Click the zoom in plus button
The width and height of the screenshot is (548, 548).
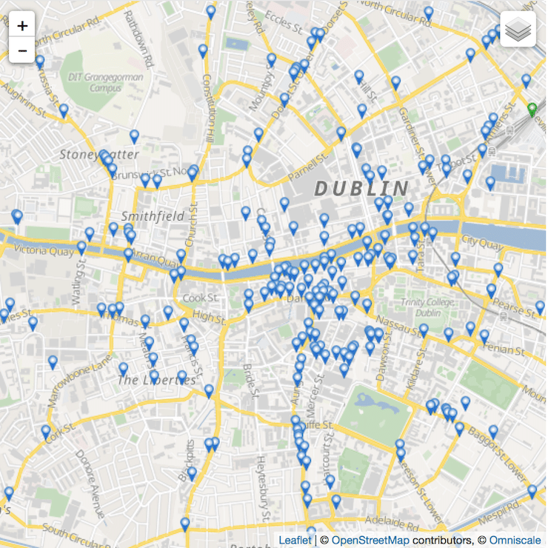coord(22,26)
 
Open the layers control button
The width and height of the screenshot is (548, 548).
coord(518,30)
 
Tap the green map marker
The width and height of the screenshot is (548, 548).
coord(532,111)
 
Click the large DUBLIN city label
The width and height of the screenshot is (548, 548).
coord(361,188)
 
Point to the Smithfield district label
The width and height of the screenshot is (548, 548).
coord(153,217)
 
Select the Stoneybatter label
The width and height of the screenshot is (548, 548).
coord(87,155)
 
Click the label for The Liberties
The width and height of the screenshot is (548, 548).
coord(157,380)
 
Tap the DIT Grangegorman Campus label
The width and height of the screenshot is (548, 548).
coord(96,82)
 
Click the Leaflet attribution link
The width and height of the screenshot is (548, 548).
coord(295,541)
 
